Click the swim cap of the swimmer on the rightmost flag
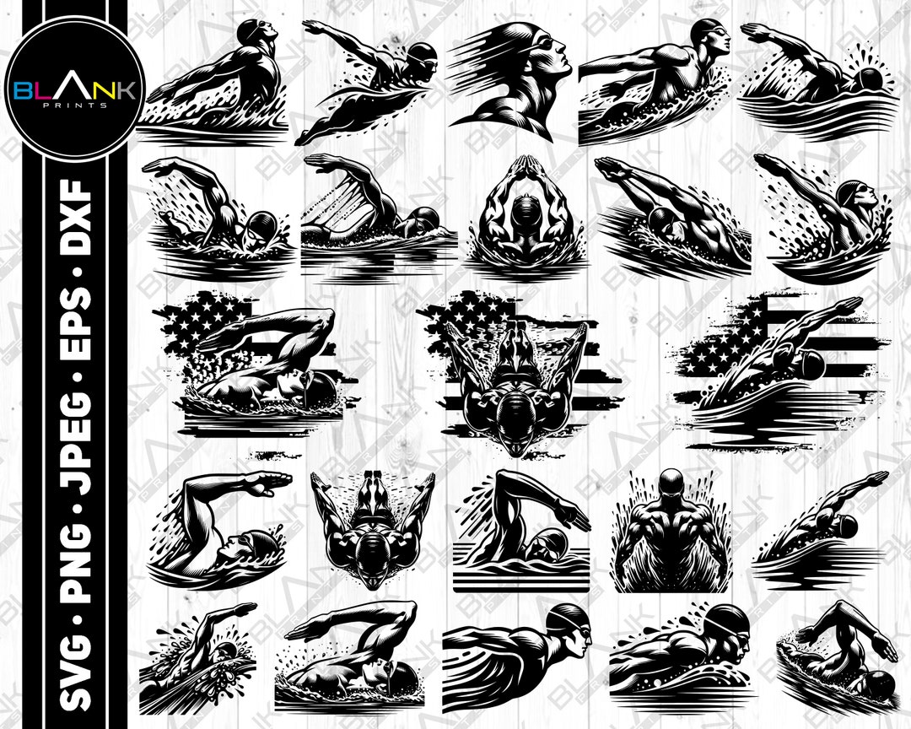(x=811, y=364)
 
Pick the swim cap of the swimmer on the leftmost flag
(x=321, y=387)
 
